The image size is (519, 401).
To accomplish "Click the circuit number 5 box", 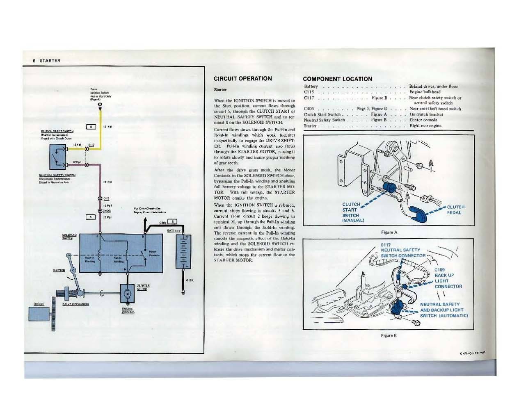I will pyautogui.click(x=90, y=126).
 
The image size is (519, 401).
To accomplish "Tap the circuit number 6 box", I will pyautogui.click(x=90, y=216).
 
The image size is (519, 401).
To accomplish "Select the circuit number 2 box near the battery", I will pyautogui.click(x=173, y=222).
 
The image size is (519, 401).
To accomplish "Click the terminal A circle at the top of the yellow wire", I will pyautogui.click(x=100, y=105).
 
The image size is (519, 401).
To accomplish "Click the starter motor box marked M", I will pyautogui.click(x=127, y=293).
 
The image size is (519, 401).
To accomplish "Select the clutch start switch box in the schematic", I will pyautogui.click(x=60, y=156).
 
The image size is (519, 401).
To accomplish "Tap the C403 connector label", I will pyautogui.click(x=106, y=211).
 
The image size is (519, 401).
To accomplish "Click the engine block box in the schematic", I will pyautogui.click(x=39, y=314).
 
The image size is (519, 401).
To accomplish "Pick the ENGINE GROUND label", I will pyautogui.click(x=128, y=310).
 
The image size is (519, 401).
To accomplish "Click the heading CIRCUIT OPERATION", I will pyautogui.click(x=243, y=78).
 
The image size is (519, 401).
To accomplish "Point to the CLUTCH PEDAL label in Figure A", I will pyautogui.click(x=455, y=210).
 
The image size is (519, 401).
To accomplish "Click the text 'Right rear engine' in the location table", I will pyautogui.click(x=425, y=126).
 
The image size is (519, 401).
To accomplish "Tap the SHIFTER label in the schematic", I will pyautogui.click(x=59, y=270).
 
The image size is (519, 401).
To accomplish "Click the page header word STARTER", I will pyautogui.click(x=50, y=61).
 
